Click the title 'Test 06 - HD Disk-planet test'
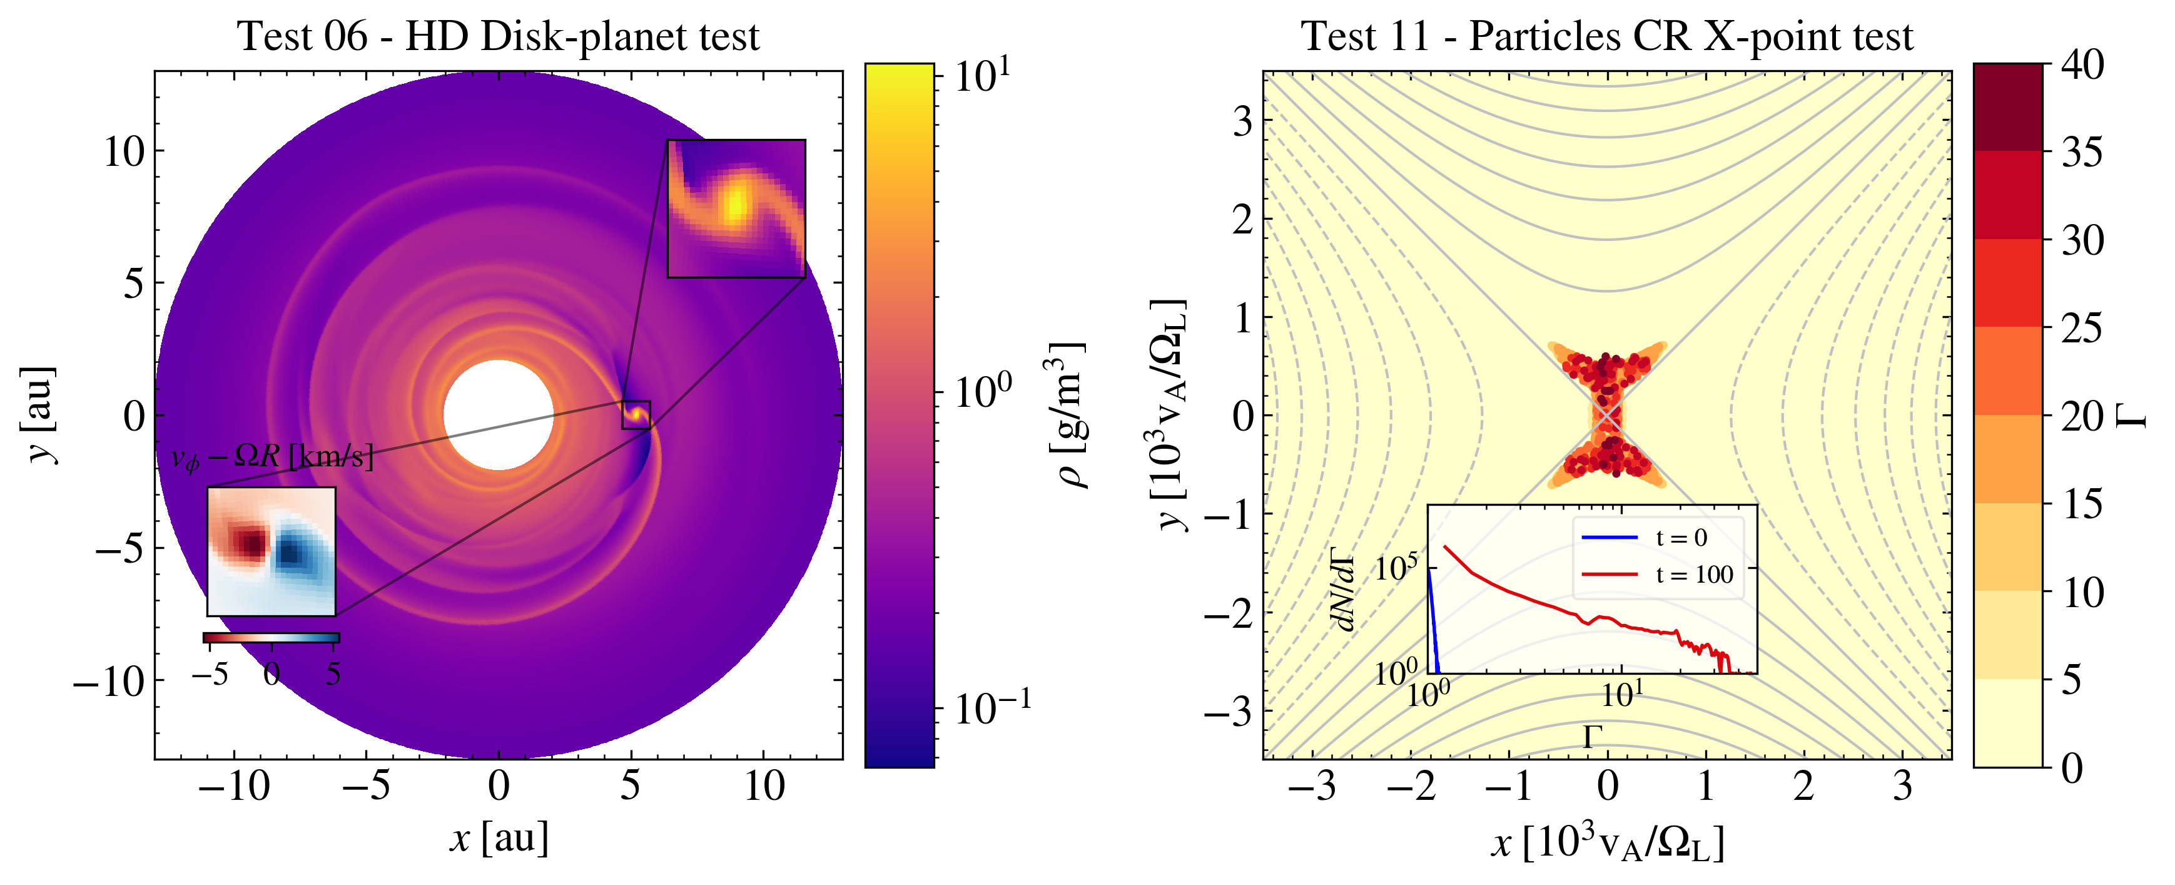(498, 36)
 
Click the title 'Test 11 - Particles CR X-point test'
(1607, 36)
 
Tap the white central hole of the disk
(498, 414)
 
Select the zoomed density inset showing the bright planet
(736, 208)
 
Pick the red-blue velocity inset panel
(271, 551)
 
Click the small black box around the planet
(636, 414)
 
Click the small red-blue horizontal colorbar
(271, 638)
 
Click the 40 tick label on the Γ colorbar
(2082, 65)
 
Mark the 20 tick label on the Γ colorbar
(2082, 416)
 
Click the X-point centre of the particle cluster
(1607, 414)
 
